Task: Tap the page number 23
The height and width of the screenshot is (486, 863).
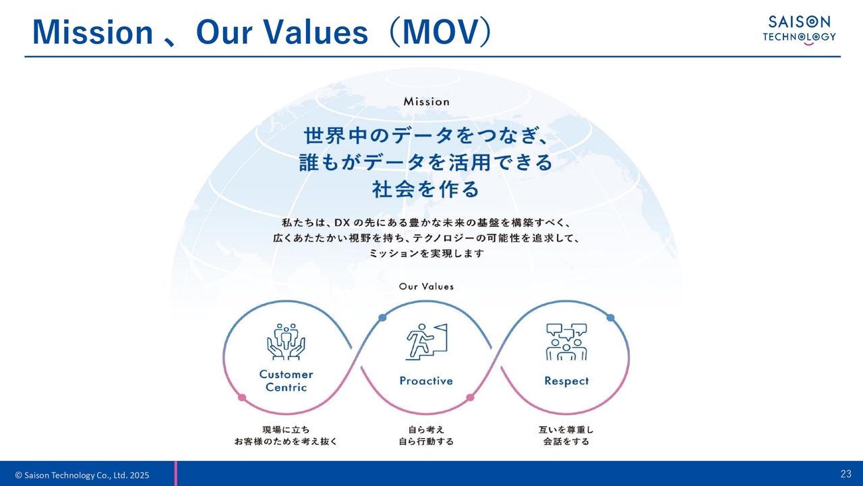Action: click(845, 474)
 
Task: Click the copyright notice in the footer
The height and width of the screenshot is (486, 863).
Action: click(82, 475)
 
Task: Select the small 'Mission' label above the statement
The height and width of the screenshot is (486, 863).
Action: click(427, 101)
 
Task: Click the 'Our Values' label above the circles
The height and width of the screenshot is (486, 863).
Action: click(426, 286)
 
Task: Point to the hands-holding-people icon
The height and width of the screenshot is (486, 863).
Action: click(286, 342)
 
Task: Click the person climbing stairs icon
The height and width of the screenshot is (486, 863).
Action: click(426, 342)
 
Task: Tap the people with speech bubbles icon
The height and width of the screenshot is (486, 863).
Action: click(566, 342)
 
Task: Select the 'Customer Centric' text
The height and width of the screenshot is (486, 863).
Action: click(287, 381)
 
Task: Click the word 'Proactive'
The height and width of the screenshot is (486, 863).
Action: click(426, 381)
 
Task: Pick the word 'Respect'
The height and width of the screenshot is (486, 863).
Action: click(566, 381)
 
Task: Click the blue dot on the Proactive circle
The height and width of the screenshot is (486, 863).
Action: click(382, 317)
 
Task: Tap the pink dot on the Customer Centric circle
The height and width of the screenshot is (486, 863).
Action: click(242, 398)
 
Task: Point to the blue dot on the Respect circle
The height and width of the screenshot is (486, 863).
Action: click(611, 317)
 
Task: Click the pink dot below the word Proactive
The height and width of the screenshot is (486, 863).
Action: click(470, 398)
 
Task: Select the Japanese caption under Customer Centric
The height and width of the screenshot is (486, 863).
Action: click(286, 435)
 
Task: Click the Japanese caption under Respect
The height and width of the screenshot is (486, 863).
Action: click(566, 435)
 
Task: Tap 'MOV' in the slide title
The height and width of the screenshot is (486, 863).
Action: click(440, 32)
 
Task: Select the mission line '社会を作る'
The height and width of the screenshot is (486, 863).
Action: click(426, 189)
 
